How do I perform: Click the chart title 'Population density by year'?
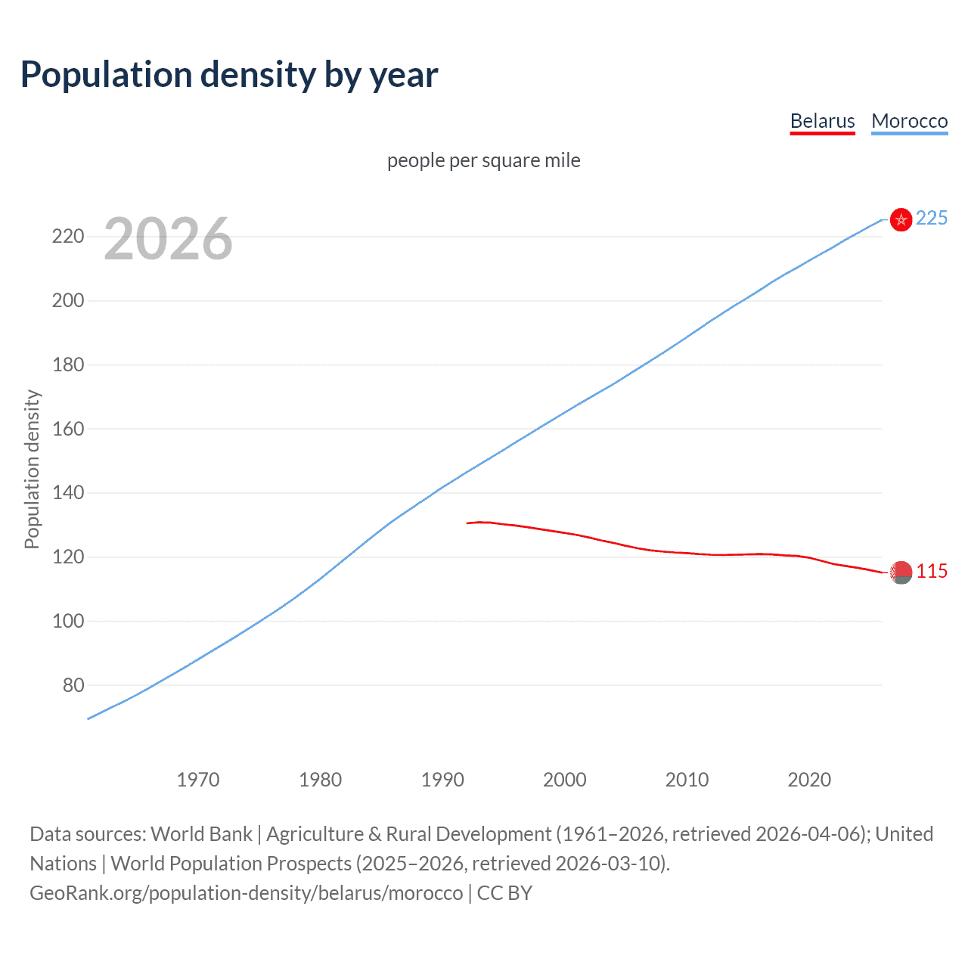(x=229, y=74)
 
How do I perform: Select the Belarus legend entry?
(x=822, y=121)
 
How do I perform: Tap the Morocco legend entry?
(x=909, y=121)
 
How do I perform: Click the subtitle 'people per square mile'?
(x=483, y=160)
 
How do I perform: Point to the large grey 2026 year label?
(x=168, y=239)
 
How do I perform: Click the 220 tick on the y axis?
(x=68, y=237)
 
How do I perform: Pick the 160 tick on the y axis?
(x=68, y=429)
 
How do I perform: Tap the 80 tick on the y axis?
(x=73, y=685)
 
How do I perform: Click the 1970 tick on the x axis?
(x=198, y=780)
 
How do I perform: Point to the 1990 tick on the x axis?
(x=442, y=780)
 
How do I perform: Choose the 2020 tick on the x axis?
(x=809, y=780)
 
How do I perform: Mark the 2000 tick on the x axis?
(x=565, y=780)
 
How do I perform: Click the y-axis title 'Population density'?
(x=32, y=469)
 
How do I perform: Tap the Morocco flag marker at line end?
(x=901, y=219)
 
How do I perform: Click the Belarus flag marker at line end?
(x=901, y=572)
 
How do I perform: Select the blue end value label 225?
(x=932, y=218)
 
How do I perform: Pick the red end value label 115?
(x=932, y=571)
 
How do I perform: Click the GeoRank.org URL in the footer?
(x=246, y=893)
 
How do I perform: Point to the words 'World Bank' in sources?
(x=201, y=834)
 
